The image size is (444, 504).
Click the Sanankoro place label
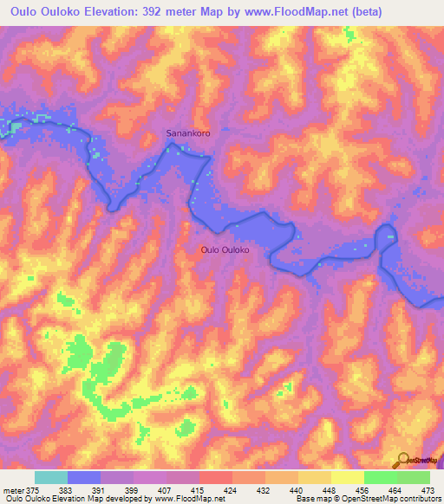point(188,134)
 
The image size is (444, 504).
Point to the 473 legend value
point(426,489)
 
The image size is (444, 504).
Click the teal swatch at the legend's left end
point(51,477)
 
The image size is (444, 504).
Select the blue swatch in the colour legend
point(84,477)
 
